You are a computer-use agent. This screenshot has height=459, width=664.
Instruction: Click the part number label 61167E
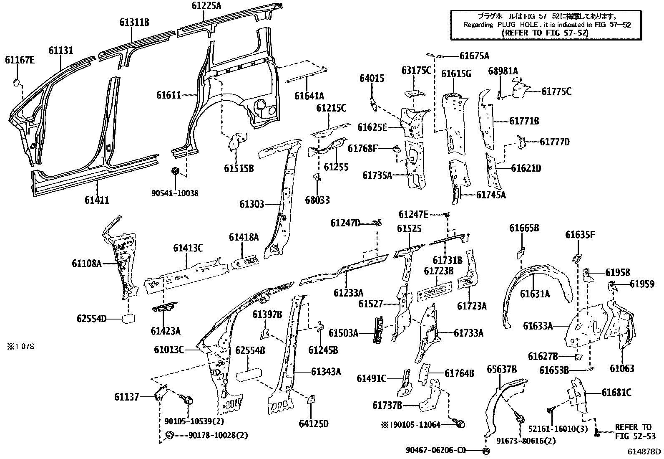click(20, 60)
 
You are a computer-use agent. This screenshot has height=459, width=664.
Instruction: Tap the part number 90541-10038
click(175, 193)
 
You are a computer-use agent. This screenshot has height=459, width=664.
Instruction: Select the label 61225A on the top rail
click(206, 6)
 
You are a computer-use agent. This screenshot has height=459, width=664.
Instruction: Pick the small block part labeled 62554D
click(128, 319)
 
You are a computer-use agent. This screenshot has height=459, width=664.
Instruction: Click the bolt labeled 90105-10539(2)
click(187, 400)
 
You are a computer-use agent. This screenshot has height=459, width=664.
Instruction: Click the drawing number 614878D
click(645, 451)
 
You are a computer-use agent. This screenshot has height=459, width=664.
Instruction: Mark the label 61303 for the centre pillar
click(252, 204)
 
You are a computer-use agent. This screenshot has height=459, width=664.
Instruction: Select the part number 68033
click(317, 200)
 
